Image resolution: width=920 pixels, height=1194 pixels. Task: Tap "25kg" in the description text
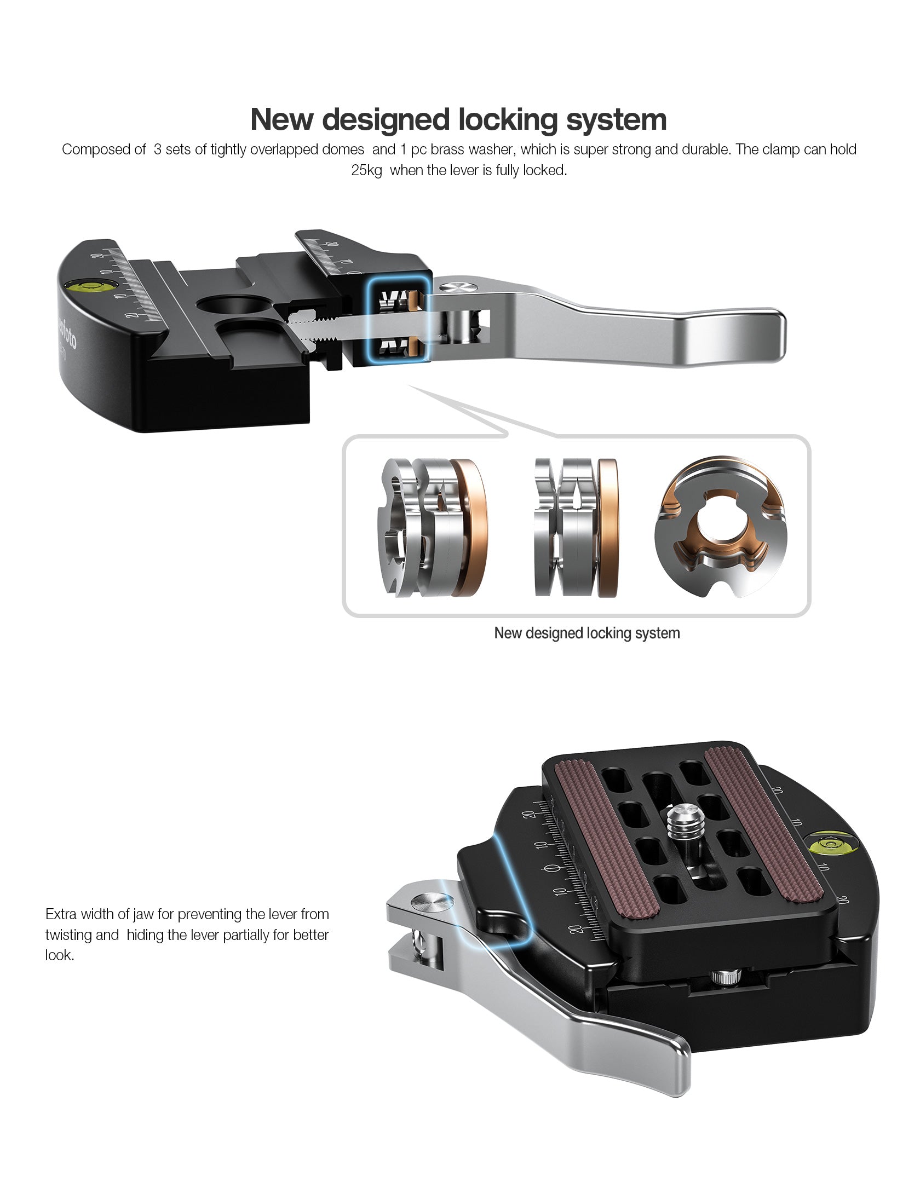[366, 170]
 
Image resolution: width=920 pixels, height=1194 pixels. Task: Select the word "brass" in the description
[447, 149]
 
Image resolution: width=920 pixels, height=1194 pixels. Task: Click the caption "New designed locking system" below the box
[586, 633]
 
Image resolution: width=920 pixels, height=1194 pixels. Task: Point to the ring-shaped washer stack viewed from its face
[719, 526]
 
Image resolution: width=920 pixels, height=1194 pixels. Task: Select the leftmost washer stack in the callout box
[432, 527]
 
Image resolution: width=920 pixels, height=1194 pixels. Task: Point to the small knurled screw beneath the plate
[726, 975]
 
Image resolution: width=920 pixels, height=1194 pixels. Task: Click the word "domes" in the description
[343, 149]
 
